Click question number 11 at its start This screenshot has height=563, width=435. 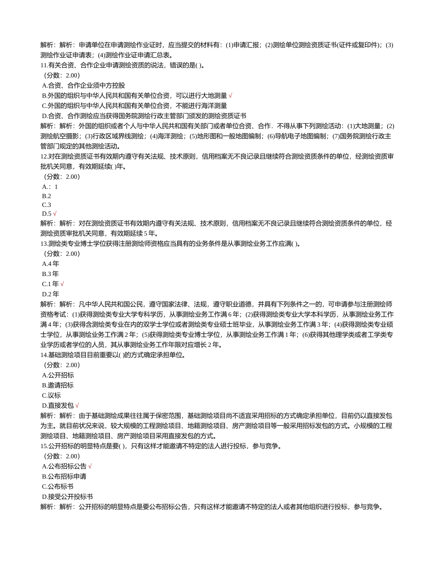pos(44,65)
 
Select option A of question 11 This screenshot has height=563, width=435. pos(83,85)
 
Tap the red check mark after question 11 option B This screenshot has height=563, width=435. pos(230,96)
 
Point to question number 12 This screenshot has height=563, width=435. pos(44,157)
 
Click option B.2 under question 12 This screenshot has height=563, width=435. pos(46,196)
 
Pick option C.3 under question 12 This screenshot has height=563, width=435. pos(46,205)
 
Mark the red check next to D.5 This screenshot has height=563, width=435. pos(55,214)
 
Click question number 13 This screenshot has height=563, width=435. pos(44,244)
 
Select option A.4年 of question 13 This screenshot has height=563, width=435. pos(50,264)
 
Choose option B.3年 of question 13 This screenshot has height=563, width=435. pos(50,274)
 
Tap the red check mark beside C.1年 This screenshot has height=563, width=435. pos(62,284)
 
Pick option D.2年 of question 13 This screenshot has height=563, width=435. pos(50,294)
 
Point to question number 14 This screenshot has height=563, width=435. pos(44,355)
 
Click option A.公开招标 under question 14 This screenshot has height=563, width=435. pos(58,375)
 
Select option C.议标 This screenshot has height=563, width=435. pos(51,395)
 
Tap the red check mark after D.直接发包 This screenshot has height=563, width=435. pos(77,406)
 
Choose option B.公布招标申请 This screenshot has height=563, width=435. pos(64,476)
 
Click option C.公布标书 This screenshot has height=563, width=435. pos(58,486)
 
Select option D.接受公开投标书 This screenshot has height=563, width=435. pos(67,496)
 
